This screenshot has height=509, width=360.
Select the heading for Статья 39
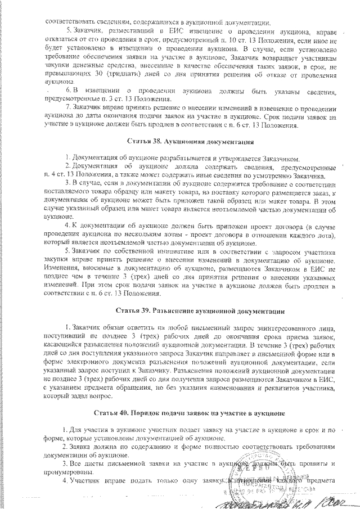[192, 310]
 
